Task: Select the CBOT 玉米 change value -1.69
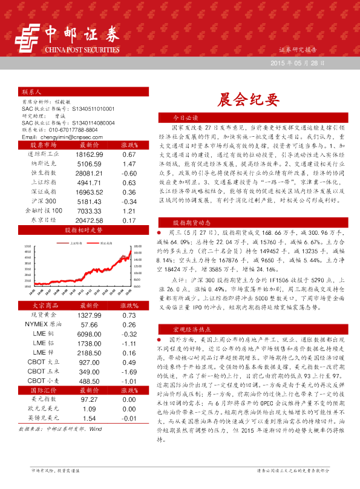coord(128,371)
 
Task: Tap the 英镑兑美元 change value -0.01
coord(128,418)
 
